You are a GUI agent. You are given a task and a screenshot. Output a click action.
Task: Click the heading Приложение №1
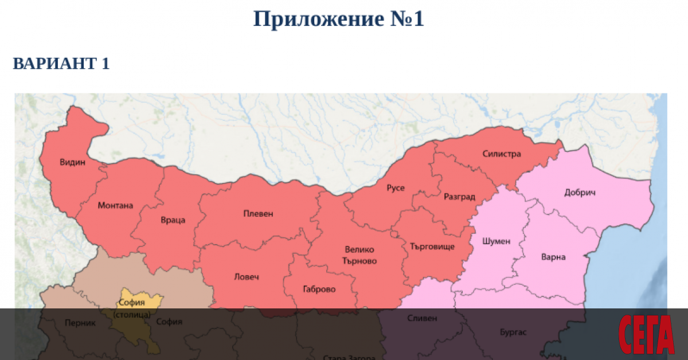coord(338,19)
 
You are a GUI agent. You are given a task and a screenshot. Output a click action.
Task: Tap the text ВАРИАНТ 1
coord(61,64)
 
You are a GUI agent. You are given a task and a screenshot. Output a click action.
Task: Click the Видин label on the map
coord(72,162)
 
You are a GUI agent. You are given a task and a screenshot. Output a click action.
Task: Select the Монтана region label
coord(115,205)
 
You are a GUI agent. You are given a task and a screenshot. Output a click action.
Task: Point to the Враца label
coord(172,220)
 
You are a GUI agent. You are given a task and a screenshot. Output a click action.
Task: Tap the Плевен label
coord(258,214)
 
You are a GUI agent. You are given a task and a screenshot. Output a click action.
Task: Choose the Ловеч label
coord(247,277)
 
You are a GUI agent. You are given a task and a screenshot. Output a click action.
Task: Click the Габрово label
coord(319,289)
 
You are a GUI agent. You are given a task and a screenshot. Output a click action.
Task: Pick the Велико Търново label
coord(360,255)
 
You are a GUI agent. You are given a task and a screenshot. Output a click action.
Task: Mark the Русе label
coord(396,188)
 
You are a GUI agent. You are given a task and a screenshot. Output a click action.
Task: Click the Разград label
coord(459,197)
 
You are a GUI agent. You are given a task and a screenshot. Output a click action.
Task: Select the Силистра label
coord(501,154)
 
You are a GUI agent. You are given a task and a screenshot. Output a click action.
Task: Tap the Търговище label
coord(432,246)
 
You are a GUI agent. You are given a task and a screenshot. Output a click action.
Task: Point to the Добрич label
coord(580,192)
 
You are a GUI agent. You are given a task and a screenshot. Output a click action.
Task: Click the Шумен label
coord(496,241)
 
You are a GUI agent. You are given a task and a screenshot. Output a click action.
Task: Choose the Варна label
coord(553,257)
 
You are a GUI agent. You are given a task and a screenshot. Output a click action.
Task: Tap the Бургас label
coord(513,331)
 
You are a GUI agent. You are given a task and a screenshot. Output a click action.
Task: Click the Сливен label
coord(422,318)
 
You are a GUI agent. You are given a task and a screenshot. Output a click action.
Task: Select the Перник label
coord(80,323)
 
